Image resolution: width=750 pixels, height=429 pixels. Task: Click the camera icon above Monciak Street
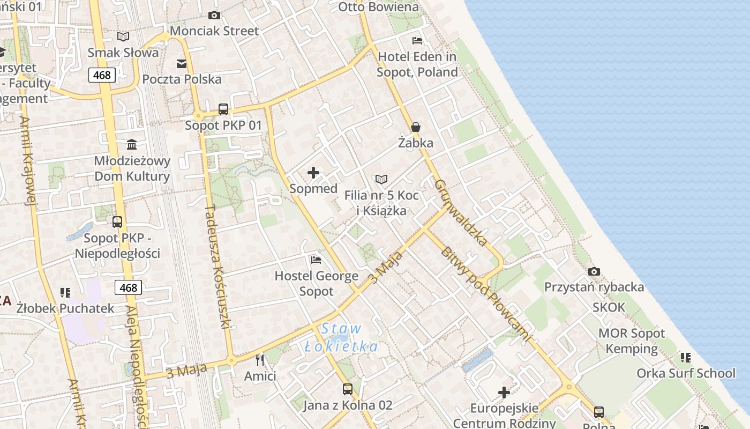[x=214, y=15]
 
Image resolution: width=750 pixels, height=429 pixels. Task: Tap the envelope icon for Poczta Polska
[x=182, y=64]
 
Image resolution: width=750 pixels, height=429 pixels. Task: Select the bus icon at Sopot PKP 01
[x=223, y=109]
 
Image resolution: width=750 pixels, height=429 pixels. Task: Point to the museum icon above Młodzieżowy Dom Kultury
[x=132, y=144]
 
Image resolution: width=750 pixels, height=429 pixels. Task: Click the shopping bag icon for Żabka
[x=416, y=127]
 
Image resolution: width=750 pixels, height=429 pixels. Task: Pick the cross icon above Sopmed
[x=313, y=173]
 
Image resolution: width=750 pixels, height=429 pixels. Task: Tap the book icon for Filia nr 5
[x=381, y=179]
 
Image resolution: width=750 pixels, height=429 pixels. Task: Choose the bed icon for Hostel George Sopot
[x=316, y=260]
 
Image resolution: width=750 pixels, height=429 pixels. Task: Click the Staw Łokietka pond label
[x=342, y=337]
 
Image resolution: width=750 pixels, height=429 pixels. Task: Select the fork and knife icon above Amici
[x=260, y=360]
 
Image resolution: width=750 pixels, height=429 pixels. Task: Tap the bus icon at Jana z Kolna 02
[x=348, y=389]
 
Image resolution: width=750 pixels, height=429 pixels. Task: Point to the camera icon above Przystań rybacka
[x=594, y=271]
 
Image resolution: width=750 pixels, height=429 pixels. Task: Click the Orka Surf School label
[x=686, y=373]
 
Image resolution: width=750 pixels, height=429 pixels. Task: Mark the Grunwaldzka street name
[x=461, y=212]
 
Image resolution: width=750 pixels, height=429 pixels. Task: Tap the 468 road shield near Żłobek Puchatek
[x=129, y=287]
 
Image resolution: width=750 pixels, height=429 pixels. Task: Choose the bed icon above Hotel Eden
[x=417, y=41]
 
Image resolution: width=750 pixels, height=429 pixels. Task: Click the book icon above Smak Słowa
[x=123, y=36]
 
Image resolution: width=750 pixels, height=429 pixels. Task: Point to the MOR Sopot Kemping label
[x=631, y=341]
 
